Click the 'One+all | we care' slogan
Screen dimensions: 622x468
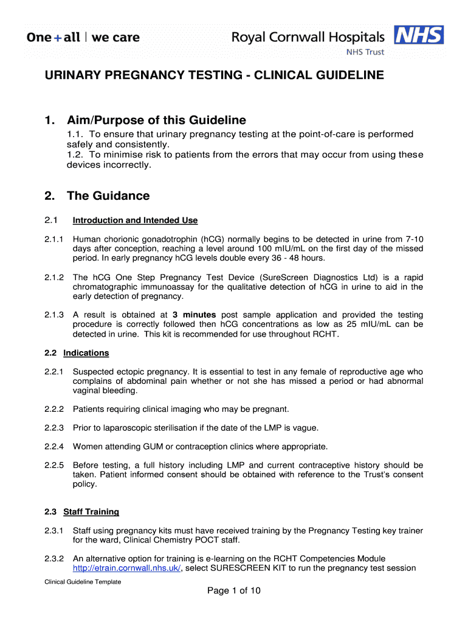tap(83, 37)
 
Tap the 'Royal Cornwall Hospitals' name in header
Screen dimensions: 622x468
tap(308, 37)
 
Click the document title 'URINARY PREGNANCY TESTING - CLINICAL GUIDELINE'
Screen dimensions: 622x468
tap(214, 75)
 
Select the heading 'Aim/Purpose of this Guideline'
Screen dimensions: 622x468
tap(156, 120)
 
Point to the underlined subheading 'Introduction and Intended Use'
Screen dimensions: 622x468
tap(135, 220)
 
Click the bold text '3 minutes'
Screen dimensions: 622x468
tap(194, 315)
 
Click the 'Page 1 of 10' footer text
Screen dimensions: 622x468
tap(234, 591)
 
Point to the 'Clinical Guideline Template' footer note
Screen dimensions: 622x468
tap(83, 582)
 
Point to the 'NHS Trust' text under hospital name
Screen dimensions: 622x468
tap(365, 52)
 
